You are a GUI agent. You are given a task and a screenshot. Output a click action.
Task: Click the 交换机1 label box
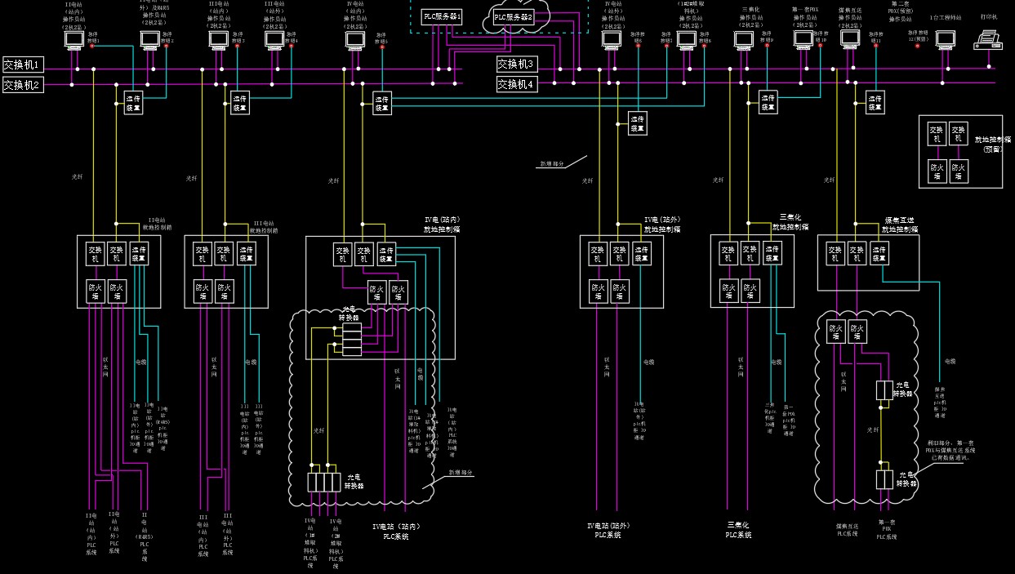pyautogui.click(x=22, y=65)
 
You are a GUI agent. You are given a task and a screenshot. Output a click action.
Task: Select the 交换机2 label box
pyautogui.click(x=22, y=85)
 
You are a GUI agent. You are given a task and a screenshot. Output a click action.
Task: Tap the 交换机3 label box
pyautogui.click(x=517, y=64)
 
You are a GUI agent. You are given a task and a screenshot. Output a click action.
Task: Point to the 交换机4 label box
pyautogui.click(x=517, y=84)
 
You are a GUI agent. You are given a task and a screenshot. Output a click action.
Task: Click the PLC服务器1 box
pyautogui.click(x=443, y=16)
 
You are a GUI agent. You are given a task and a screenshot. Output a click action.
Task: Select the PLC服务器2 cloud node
pyautogui.click(x=514, y=17)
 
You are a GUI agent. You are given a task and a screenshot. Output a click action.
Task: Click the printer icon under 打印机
pyautogui.click(x=988, y=39)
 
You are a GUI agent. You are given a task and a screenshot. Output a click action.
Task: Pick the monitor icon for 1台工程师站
pyautogui.click(x=946, y=38)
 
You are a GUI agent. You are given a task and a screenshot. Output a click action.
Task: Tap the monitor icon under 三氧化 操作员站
pyautogui.click(x=744, y=38)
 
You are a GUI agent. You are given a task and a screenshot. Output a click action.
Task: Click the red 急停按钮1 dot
pyautogui.click(x=91, y=46)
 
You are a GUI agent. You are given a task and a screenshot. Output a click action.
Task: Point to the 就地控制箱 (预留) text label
pyautogui.click(x=989, y=144)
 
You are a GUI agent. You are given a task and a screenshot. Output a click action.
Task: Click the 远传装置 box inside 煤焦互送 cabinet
pyautogui.click(x=879, y=254)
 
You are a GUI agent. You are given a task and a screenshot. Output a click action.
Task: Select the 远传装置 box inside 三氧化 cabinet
pyautogui.click(x=771, y=254)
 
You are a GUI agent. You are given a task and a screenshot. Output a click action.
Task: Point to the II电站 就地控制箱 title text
pyautogui.click(x=154, y=225)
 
